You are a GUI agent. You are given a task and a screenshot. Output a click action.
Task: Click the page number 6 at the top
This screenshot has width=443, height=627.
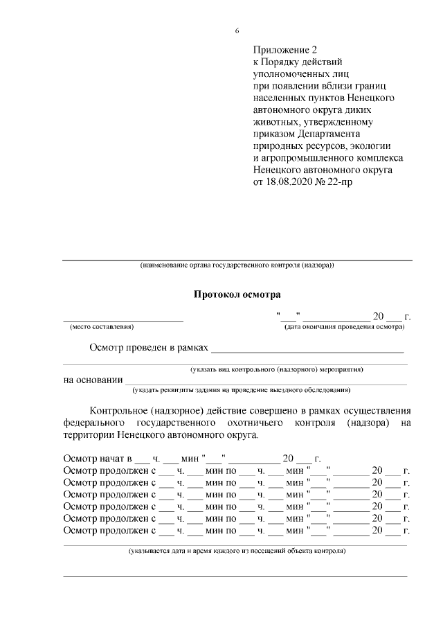tap(237, 30)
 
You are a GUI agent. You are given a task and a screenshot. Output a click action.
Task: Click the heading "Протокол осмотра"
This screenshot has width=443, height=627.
tap(237, 295)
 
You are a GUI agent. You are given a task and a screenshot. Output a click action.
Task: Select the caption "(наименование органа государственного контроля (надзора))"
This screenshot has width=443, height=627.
tap(237, 265)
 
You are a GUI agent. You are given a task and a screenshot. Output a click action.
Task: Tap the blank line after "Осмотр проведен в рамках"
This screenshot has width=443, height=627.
tap(307, 348)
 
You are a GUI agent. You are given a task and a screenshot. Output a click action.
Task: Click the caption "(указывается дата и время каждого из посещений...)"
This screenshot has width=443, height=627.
tap(237, 551)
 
